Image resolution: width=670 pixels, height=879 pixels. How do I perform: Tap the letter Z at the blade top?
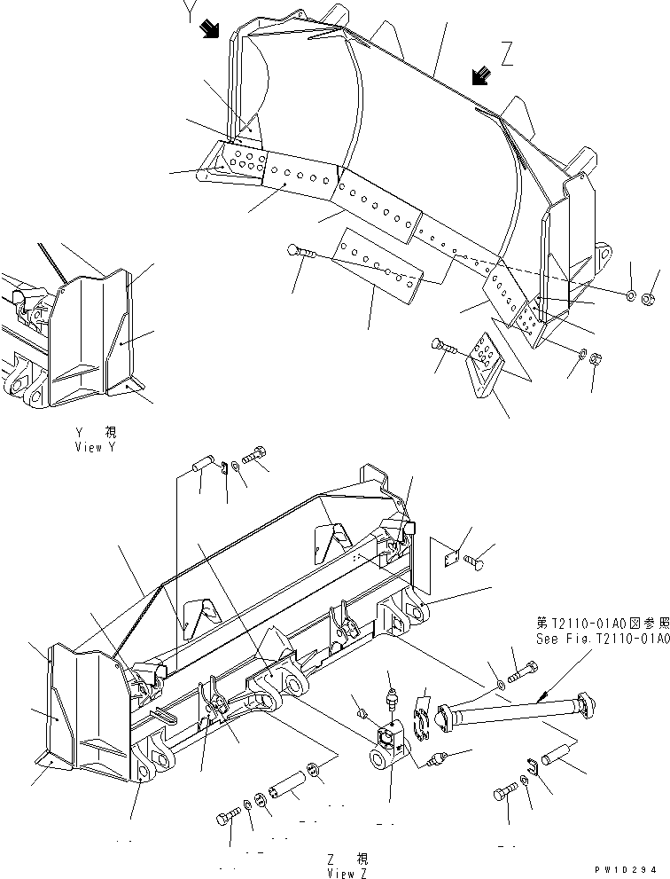(507, 56)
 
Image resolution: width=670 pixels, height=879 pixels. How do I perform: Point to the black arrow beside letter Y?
(210, 29)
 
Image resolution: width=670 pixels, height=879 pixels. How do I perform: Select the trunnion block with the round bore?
(386, 750)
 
